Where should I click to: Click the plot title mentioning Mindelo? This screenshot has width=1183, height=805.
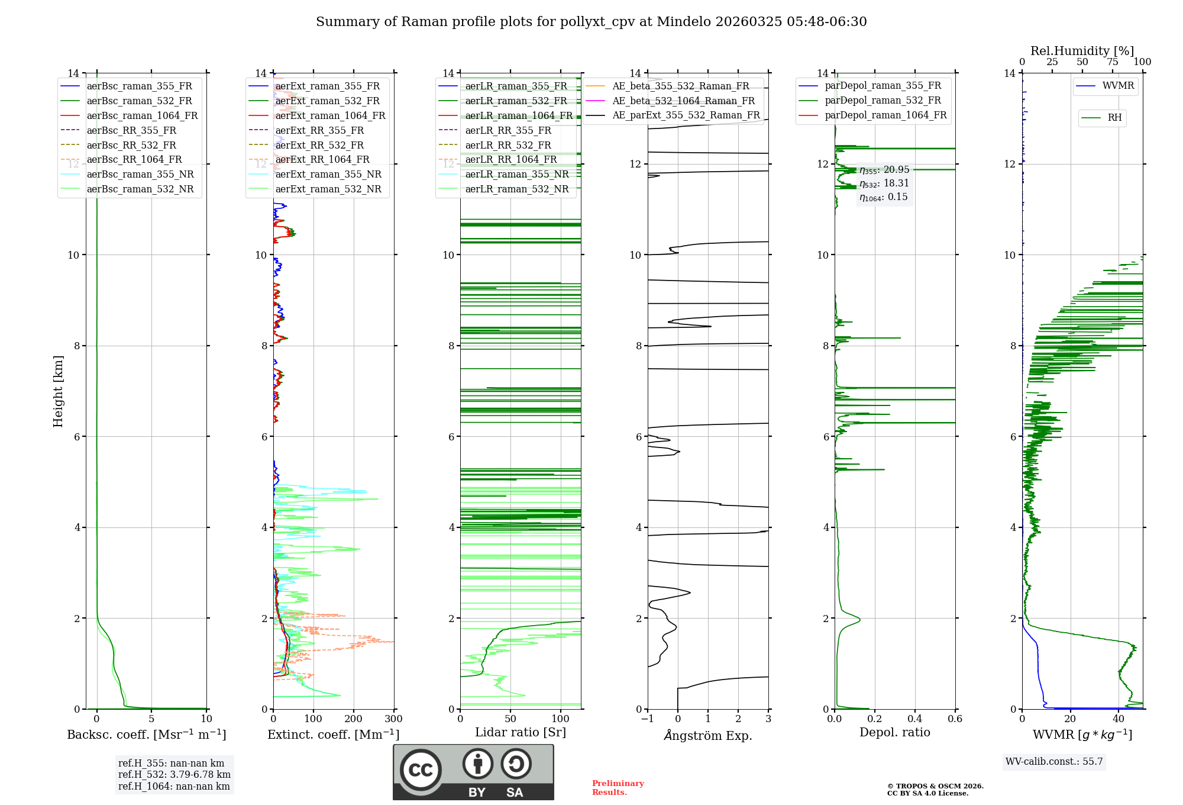pos(591,22)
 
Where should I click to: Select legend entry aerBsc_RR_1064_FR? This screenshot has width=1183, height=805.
pos(134,160)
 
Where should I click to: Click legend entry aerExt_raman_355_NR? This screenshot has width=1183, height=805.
pos(328,175)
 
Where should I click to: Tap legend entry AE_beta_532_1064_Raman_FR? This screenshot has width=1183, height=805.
pos(683,101)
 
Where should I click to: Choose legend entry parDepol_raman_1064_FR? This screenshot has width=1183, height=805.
pos(885,115)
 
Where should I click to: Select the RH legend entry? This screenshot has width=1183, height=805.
pos(1114,118)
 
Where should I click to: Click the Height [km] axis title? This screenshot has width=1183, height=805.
pos(58,391)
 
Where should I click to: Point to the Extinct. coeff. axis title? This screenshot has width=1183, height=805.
pos(333,735)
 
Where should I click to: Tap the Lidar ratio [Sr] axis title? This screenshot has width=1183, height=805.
pos(520,732)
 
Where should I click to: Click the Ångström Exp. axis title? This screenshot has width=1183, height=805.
pos(707,736)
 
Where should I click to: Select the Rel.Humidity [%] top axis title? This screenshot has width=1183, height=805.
pos(1082,51)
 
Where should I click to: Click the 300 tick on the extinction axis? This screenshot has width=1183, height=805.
pos(393,719)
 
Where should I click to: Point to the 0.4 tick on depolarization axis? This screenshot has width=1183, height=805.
pos(914,719)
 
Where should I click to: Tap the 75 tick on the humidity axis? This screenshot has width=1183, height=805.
pos(1113,62)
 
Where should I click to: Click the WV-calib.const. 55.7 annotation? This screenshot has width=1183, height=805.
pos(1054,762)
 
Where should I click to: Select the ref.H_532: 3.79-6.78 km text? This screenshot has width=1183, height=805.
pos(174,775)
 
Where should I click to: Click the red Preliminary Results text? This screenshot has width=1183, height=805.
pos(618,788)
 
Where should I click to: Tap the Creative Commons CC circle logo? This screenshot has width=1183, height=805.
pos(421,770)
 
